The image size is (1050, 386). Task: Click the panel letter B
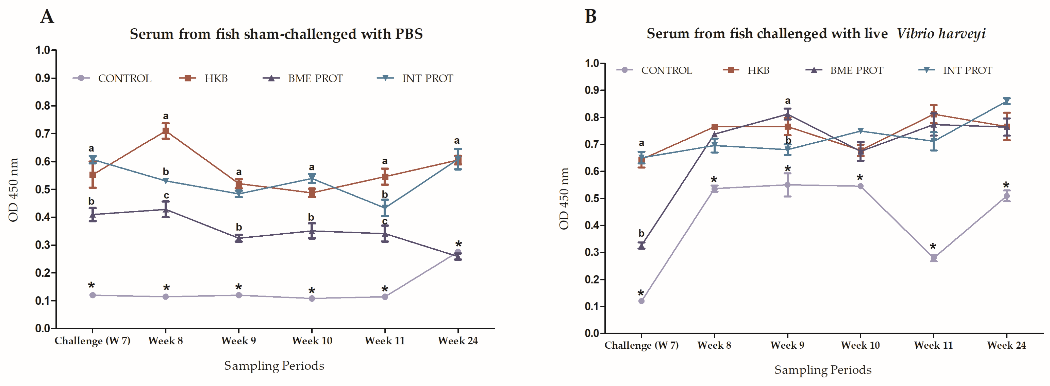pyautogui.click(x=591, y=17)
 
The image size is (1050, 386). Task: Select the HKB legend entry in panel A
pyautogui.click(x=203, y=78)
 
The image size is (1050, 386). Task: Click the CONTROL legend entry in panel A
pyautogui.click(x=112, y=78)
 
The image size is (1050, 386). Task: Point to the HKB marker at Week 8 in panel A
pyautogui.click(x=165, y=131)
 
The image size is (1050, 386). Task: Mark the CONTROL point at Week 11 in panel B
pyautogui.click(x=933, y=257)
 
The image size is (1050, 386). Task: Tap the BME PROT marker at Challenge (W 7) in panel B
pyautogui.click(x=641, y=245)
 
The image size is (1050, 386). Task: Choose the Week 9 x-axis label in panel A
pyautogui.click(x=239, y=341)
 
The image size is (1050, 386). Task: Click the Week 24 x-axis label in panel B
pyautogui.click(x=1006, y=345)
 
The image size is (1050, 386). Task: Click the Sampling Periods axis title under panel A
pyautogui.click(x=274, y=366)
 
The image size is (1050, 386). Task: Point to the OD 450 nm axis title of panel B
pyautogui.click(x=564, y=199)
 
